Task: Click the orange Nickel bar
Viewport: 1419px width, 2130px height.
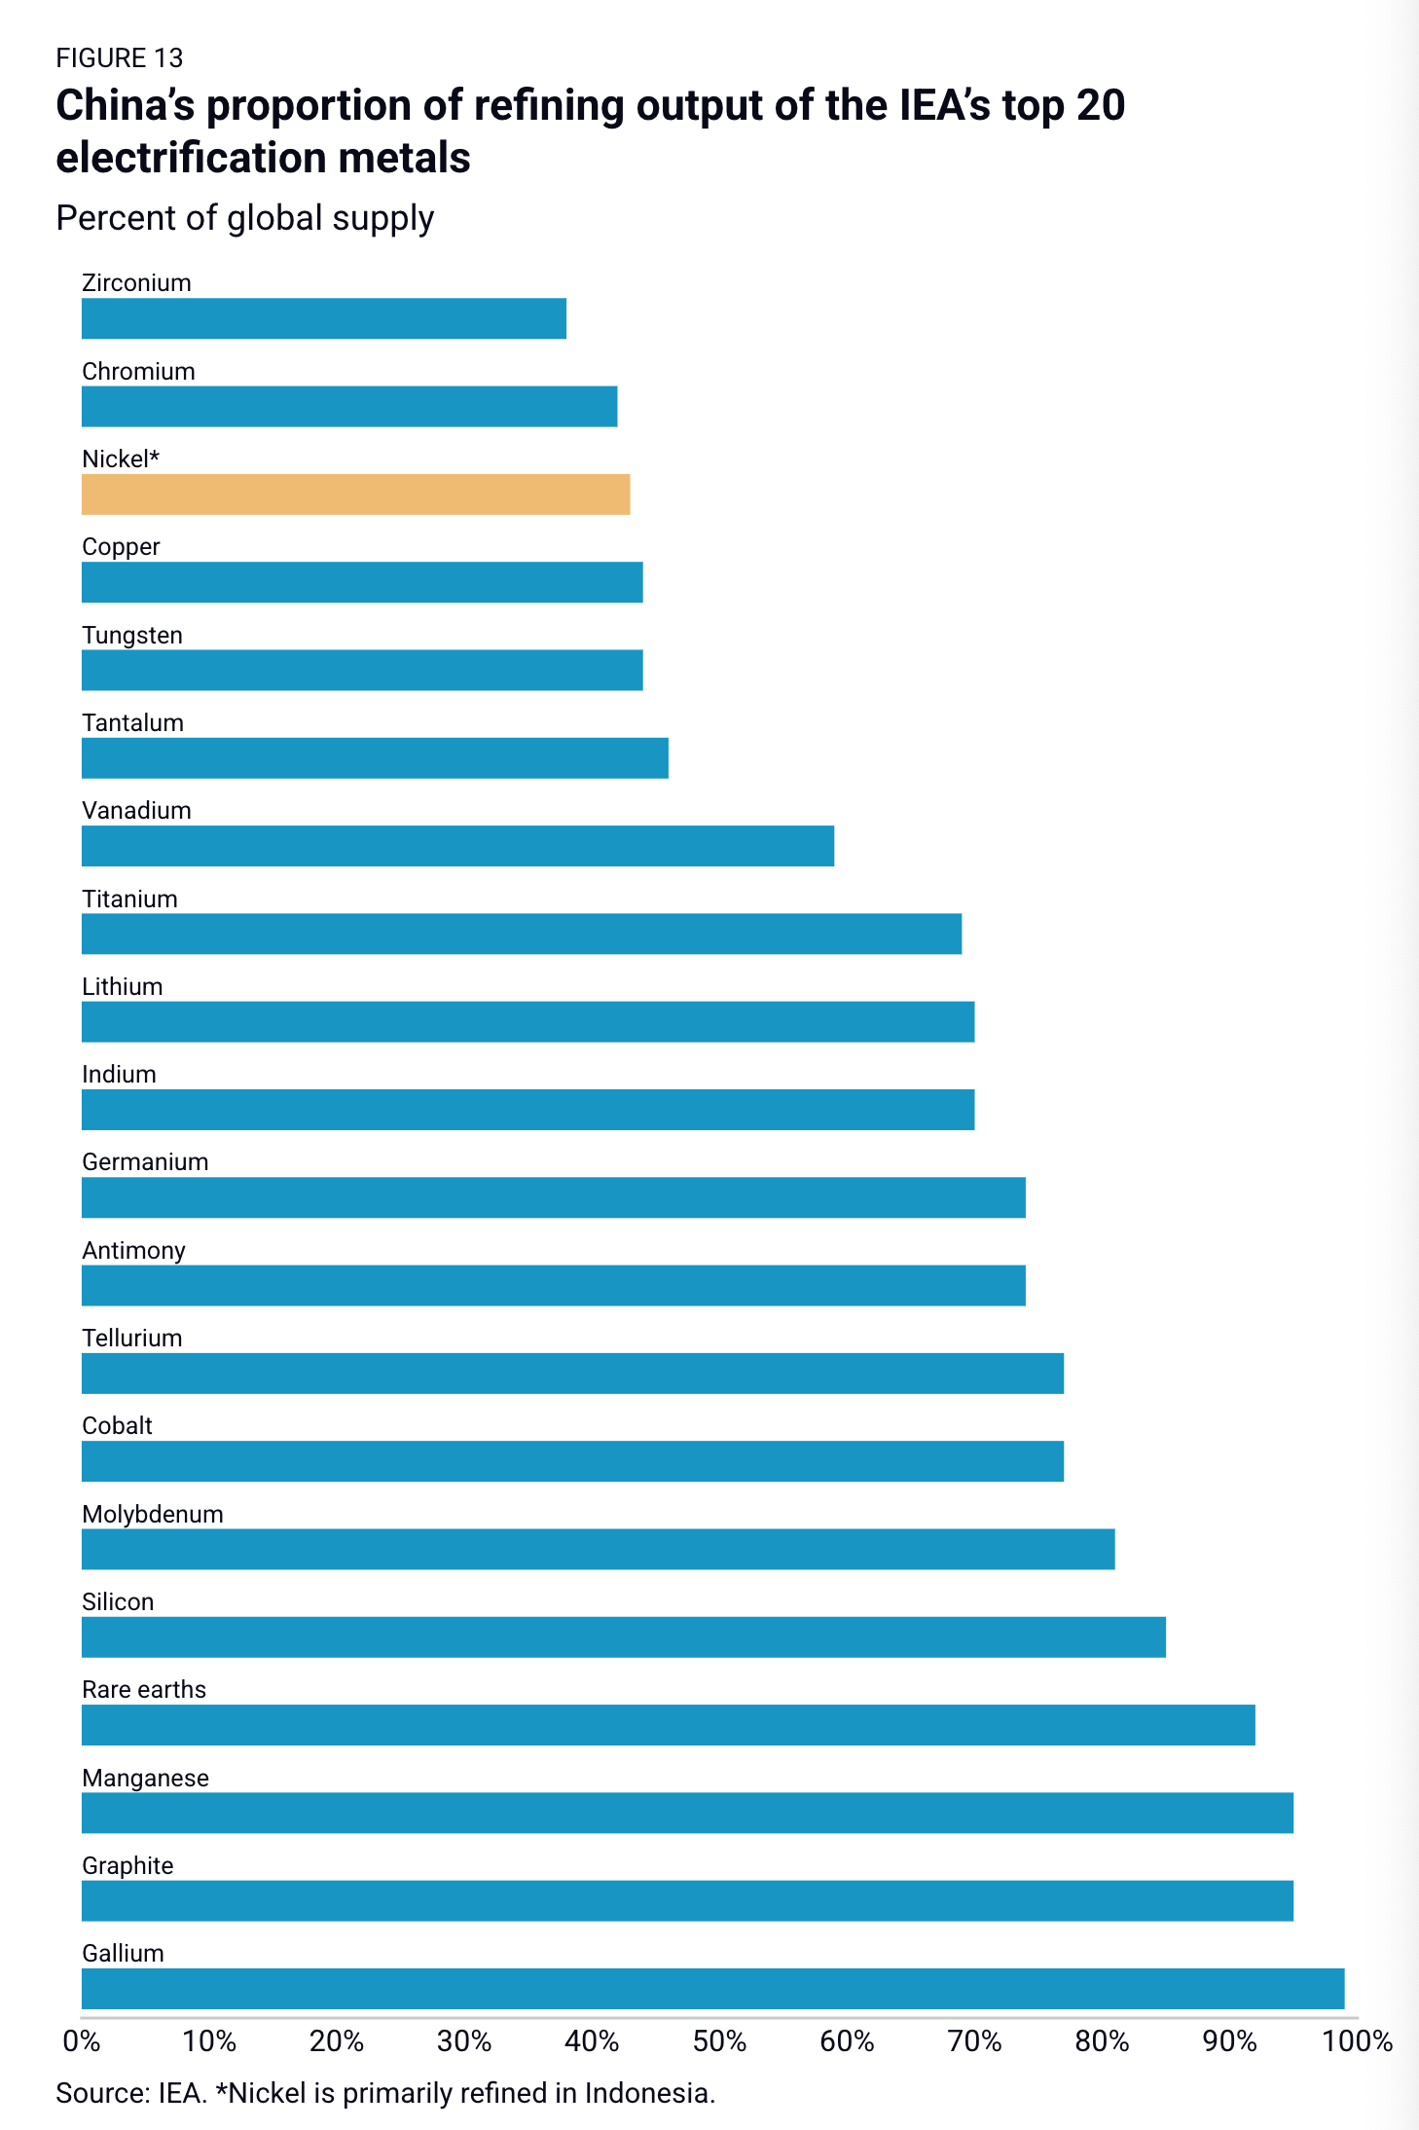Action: click(x=355, y=495)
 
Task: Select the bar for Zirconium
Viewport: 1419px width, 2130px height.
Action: click(x=323, y=318)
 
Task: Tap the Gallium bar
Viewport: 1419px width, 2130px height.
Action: click(x=712, y=1988)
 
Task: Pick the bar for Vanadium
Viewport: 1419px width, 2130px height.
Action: click(x=457, y=846)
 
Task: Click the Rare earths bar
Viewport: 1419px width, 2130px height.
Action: click(x=668, y=1724)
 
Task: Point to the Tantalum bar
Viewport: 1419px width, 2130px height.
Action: click(x=375, y=758)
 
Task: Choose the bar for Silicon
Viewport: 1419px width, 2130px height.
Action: click(x=623, y=1636)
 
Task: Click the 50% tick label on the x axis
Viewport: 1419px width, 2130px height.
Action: click(x=719, y=2041)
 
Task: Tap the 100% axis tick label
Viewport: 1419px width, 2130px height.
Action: click(x=1357, y=2041)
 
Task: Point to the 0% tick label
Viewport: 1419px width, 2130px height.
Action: click(x=82, y=2041)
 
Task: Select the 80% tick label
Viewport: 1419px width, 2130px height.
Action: click(x=1102, y=2041)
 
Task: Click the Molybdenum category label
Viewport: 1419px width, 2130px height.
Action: click(x=153, y=1514)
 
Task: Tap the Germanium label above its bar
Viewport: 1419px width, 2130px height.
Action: click(x=145, y=1162)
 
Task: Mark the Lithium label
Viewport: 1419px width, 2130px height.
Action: click(x=122, y=986)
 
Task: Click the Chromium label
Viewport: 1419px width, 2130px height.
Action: click(x=138, y=372)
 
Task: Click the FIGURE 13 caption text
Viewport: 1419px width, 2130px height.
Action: click(x=119, y=58)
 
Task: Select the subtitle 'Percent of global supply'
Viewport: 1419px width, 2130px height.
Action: click(x=244, y=218)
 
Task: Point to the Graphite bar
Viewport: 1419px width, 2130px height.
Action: click(x=687, y=1900)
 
